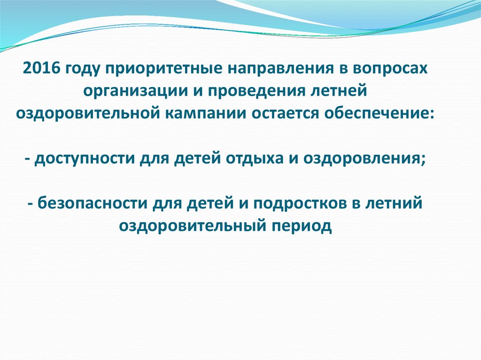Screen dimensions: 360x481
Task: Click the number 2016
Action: click(x=41, y=69)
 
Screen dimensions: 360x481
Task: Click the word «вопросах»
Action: click(x=393, y=69)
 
